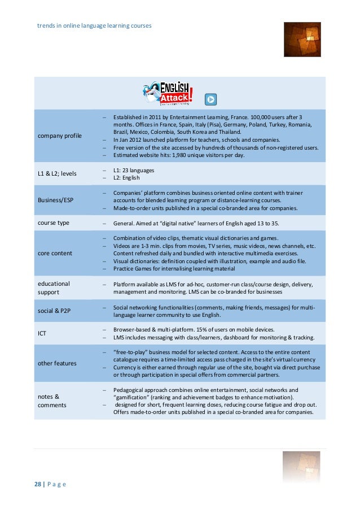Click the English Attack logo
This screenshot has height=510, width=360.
168,92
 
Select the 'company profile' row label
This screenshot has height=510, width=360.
59,136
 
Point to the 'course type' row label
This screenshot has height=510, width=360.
54,223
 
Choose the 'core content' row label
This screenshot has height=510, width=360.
55,253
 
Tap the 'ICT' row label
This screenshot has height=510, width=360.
42,334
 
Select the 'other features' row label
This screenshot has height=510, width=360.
58,363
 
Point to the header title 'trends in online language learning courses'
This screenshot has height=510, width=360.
94,26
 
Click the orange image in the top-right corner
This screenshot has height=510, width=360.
302,40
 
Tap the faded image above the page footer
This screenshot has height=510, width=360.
301,467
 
